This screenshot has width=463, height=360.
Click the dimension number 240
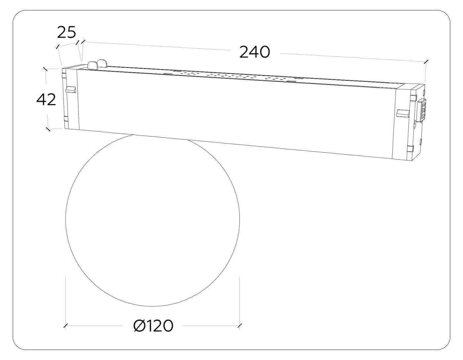pyautogui.click(x=255, y=52)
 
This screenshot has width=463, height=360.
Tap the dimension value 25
pyautogui.click(x=66, y=32)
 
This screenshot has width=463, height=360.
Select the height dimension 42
pyautogui.click(x=46, y=100)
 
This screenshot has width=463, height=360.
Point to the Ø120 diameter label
pyautogui.click(x=153, y=332)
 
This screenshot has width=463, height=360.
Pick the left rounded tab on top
pyautogui.click(x=93, y=65)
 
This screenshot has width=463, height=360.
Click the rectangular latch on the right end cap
pyautogui.click(x=403, y=113)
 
